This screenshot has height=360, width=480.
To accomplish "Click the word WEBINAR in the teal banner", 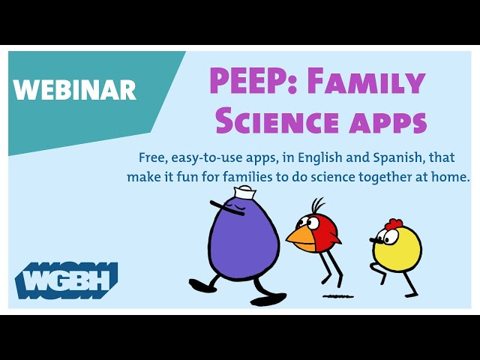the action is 75,89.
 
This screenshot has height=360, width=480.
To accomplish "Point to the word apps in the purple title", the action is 388,123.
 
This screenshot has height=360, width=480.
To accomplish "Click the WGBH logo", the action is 67,280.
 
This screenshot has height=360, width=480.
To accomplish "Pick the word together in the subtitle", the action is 385,178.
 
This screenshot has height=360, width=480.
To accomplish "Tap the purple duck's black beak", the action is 226,208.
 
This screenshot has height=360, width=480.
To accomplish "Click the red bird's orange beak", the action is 301,238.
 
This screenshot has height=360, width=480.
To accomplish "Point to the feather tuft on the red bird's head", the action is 317,206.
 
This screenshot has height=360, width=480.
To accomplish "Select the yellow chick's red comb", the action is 394,224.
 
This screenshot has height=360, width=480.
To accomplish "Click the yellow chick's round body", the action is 397,249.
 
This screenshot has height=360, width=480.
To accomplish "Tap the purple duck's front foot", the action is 268,299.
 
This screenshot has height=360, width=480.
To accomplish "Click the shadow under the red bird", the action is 338,296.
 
